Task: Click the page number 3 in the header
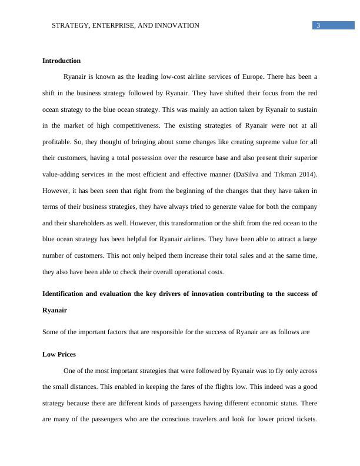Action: pos(318,25)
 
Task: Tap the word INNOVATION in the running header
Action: pos(175,26)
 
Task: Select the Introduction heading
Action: pos(62,61)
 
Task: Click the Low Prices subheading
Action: pos(59,355)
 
